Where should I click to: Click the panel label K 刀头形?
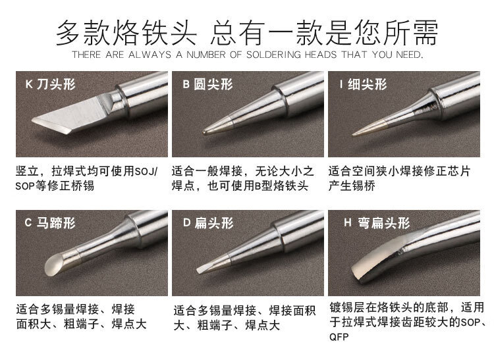(x=51, y=84)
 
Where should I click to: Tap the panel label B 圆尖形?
(x=208, y=84)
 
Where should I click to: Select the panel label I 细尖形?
(x=363, y=84)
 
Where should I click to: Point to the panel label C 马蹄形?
(x=50, y=223)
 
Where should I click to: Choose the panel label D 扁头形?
(x=208, y=223)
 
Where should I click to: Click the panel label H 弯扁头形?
(x=377, y=223)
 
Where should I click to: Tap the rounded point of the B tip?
(x=206, y=132)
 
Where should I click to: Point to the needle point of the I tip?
(x=354, y=135)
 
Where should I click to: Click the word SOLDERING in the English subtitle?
(x=273, y=55)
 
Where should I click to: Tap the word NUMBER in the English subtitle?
(x=206, y=55)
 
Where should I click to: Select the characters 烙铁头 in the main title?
(x=155, y=32)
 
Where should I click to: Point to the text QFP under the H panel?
(x=339, y=337)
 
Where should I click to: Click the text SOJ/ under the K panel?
(x=146, y=172)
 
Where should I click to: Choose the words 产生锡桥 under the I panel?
(x=352, y=186)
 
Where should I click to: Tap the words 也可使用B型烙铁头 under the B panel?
(x=258, y=186)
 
